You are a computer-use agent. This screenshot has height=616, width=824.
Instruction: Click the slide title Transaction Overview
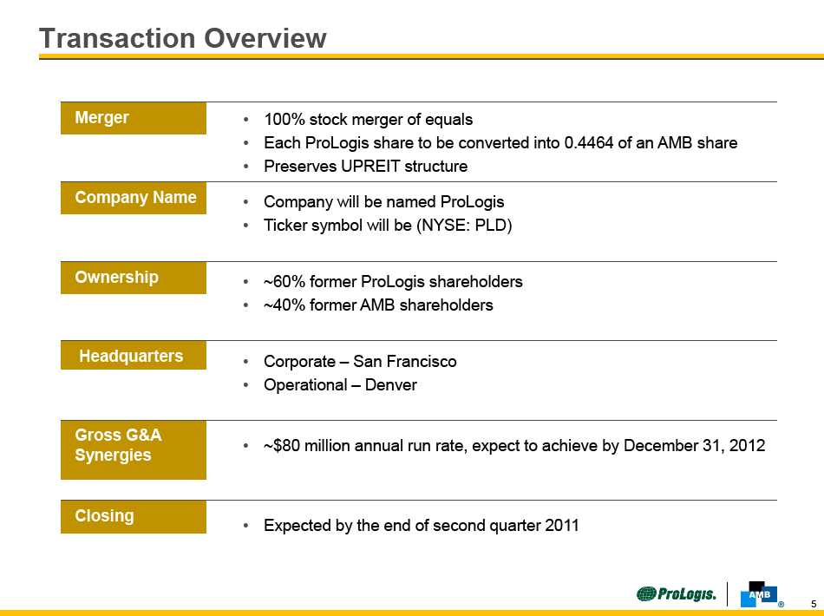point(183,38)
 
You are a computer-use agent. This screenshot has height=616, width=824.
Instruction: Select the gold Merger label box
point(134,118)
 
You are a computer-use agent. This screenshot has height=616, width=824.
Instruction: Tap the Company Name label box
point(134,198)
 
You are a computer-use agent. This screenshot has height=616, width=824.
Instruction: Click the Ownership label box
point(134,278)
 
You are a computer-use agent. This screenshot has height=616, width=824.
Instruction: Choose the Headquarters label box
point(134,356)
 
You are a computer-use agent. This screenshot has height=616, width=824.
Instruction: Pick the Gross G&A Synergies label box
point(134,450)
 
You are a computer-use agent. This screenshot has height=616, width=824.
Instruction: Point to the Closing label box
point(134,517)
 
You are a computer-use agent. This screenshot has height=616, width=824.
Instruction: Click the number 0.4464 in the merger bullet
point(589,143)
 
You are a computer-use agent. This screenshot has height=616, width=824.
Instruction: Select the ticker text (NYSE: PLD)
point(464,226)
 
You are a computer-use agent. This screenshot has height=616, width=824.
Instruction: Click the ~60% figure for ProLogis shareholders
point(284,282)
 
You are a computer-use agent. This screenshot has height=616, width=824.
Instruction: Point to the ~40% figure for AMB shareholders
point(284,305)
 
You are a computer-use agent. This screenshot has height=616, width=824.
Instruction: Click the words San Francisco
point(405,362)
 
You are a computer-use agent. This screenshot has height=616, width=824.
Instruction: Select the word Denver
point(390,385)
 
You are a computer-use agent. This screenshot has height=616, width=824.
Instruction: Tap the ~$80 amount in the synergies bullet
point(282,446)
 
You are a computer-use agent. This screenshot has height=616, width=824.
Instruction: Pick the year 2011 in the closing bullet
point(562,526)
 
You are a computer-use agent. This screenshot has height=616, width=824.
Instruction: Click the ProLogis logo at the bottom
point(677,594)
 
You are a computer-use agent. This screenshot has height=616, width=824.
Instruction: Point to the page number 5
point(814,604)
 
